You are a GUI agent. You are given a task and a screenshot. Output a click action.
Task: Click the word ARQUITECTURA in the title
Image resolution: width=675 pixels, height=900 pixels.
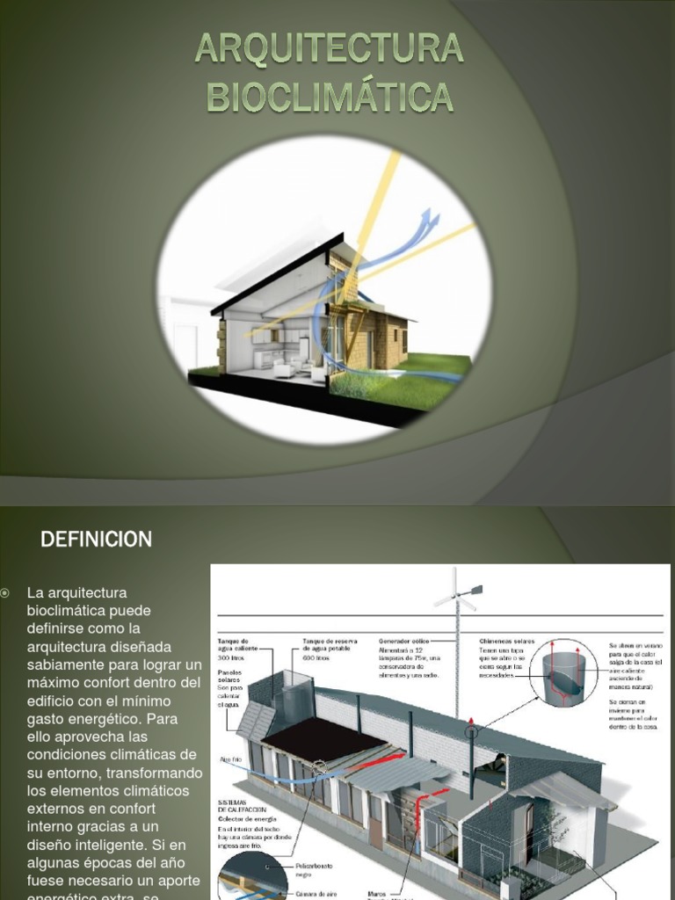point(330,49)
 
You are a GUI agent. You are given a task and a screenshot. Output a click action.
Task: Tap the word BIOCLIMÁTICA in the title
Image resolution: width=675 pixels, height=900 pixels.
point(330,97)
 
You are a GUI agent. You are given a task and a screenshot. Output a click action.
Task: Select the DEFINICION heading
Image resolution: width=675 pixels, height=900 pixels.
point(96,539)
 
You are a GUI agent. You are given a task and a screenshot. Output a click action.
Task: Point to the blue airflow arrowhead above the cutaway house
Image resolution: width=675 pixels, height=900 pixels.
point(430,216)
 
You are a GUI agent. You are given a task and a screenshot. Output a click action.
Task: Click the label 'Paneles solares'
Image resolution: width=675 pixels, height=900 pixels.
point(230,679)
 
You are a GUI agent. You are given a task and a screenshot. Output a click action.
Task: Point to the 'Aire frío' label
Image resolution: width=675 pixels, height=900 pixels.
point(230,757)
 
